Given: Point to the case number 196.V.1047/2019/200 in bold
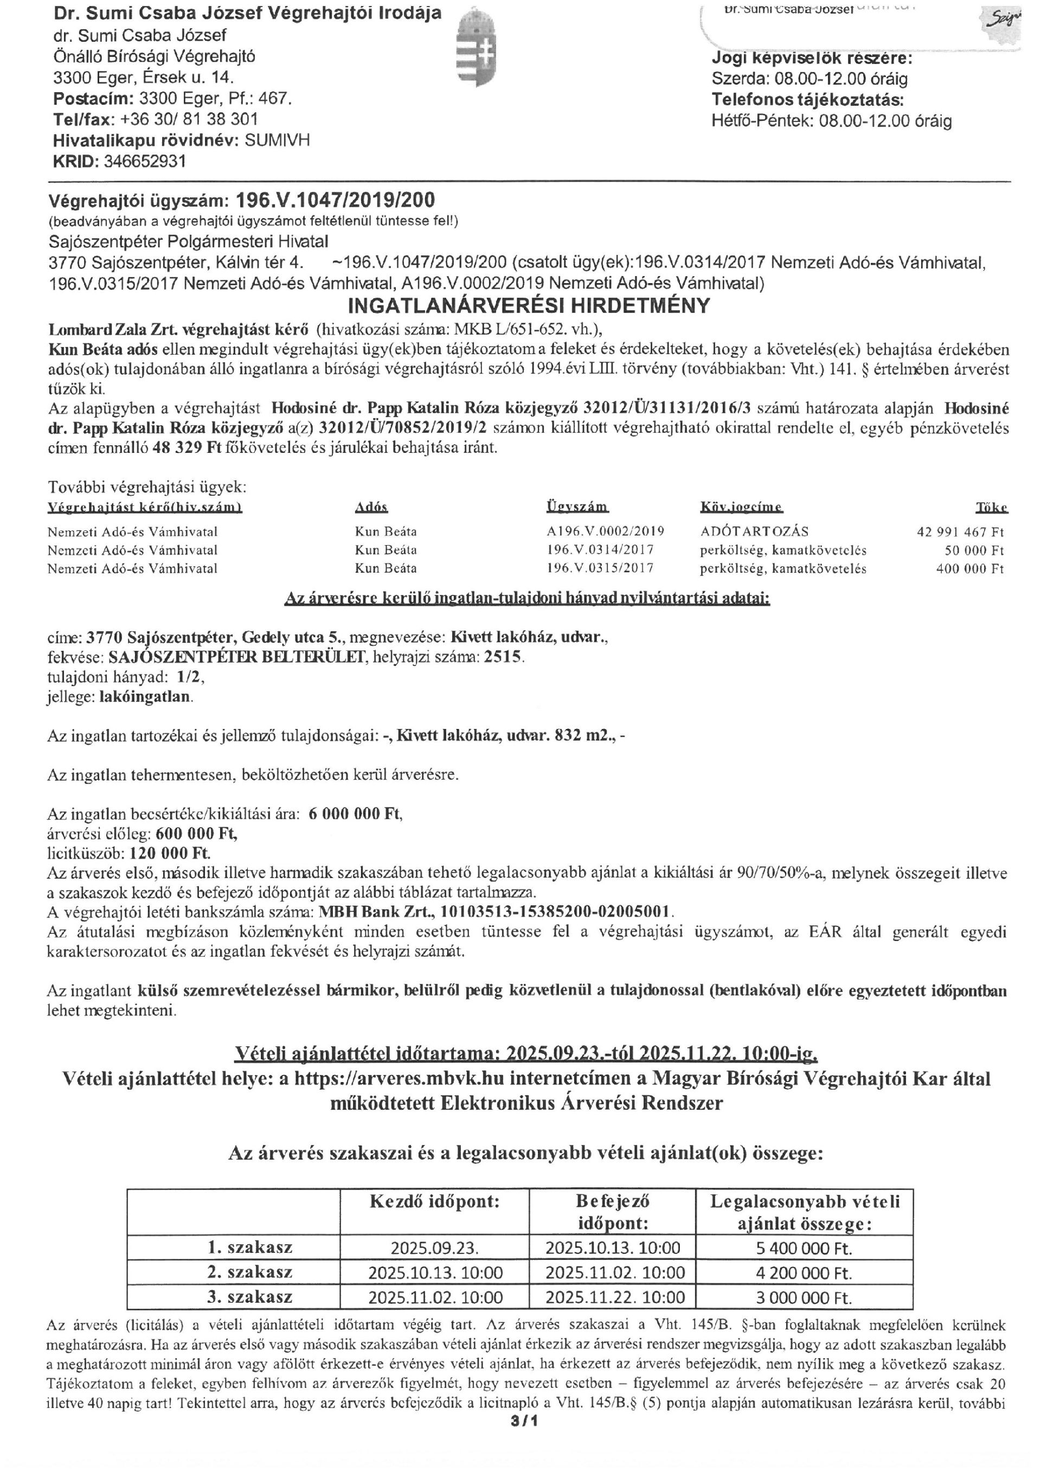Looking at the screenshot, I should click(335, 200).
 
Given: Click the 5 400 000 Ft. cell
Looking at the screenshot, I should click(804, 1247).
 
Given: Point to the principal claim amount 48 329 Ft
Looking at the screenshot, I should click(187, 447).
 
